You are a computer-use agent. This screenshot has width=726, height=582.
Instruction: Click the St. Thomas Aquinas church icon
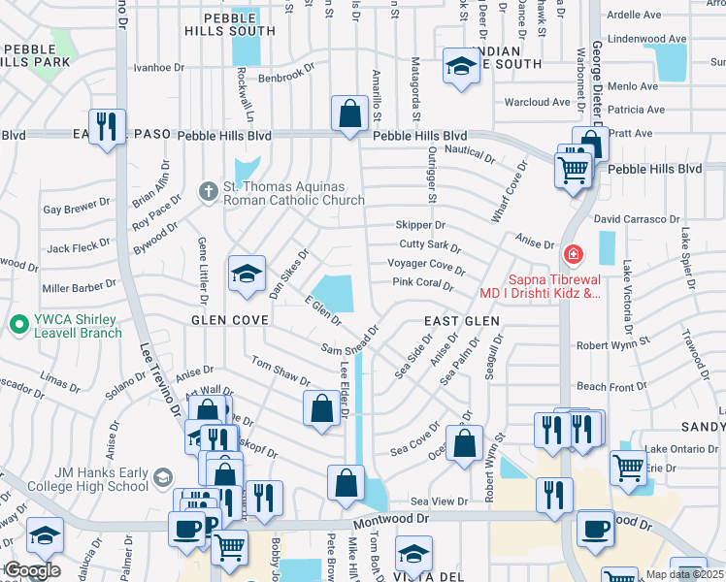(207, 192)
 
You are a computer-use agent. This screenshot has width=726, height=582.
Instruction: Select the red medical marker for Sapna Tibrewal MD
(574, 255)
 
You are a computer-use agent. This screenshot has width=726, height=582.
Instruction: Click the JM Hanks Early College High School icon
(162, 478)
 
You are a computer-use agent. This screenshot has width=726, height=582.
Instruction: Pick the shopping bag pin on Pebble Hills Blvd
(348, 113)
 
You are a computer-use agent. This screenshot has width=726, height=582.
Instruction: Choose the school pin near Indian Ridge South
(459, 67)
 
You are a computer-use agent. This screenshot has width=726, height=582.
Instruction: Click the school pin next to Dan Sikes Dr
(247, 274)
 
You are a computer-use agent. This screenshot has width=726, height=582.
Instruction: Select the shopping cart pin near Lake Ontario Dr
(628, 469)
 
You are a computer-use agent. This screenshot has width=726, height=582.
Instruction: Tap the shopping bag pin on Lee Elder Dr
(321, 408)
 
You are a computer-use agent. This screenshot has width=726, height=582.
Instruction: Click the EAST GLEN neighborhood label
(461, 320)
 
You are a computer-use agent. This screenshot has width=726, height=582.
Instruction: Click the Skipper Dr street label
(420, 225)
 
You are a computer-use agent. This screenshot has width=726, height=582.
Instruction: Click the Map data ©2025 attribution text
(685, 574)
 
